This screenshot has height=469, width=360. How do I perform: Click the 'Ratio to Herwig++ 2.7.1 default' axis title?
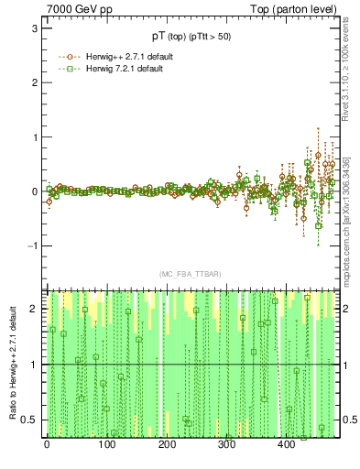[10, 363]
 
